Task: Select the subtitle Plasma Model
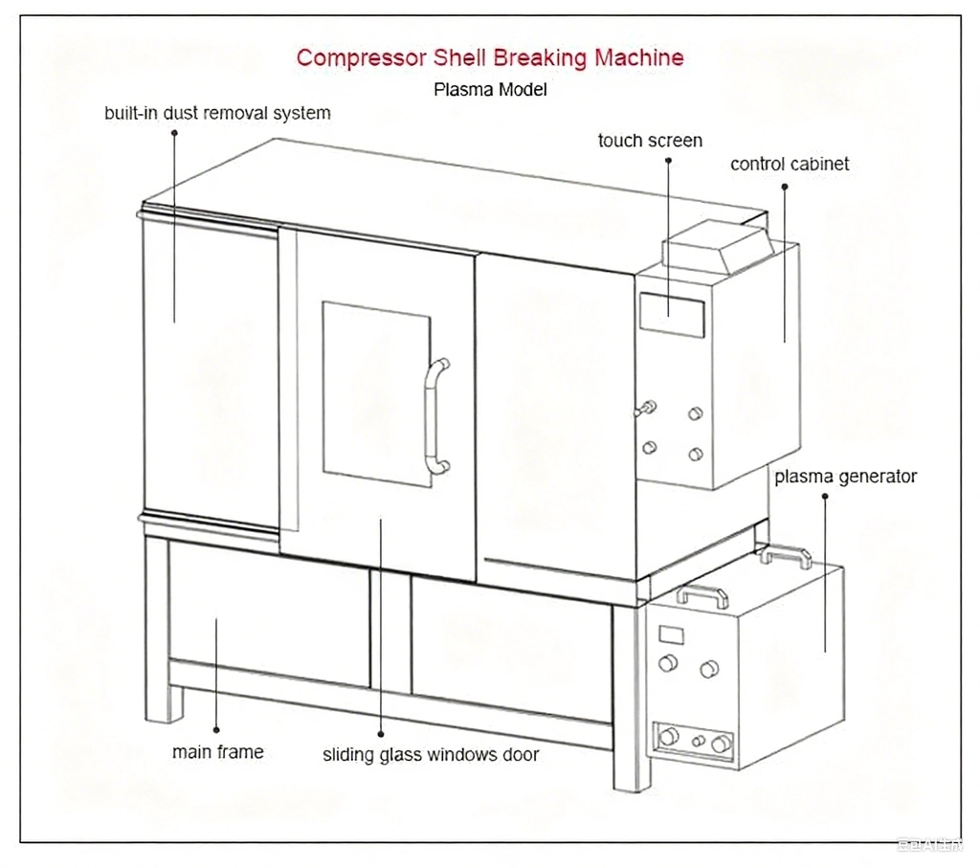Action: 490,90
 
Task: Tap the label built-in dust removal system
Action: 217,113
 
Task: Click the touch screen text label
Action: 650,141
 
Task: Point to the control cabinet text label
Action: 790,164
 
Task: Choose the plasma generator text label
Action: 845,476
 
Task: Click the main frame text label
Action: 217,752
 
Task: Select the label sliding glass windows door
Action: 431,755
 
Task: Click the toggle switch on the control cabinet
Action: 646,410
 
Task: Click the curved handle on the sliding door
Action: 437,416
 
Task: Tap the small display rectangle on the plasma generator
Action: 672,634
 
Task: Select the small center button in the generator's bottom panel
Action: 698,741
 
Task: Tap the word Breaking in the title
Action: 541,57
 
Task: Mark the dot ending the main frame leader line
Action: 216,729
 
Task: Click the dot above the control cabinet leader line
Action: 785,187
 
